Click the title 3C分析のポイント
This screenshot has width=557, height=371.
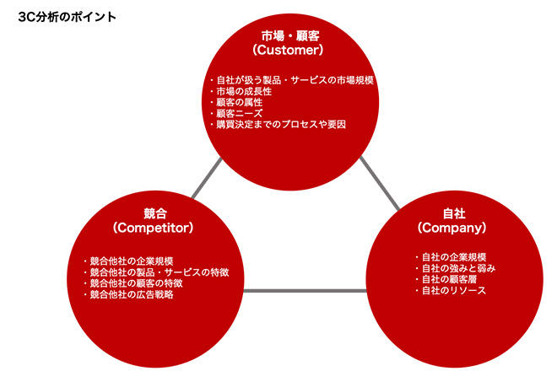(68, 17)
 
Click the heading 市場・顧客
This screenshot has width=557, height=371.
(290, 36)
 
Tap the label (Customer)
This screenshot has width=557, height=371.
(288, 50)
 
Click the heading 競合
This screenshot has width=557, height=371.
(155, 213)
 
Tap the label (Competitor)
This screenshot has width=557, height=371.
(153, 228)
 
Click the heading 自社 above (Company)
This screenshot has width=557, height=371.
(454, 213)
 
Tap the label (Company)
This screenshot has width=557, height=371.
(452, 228)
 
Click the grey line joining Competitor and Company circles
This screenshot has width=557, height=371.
(306, 291)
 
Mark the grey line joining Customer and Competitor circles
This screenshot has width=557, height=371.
(207, 178)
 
